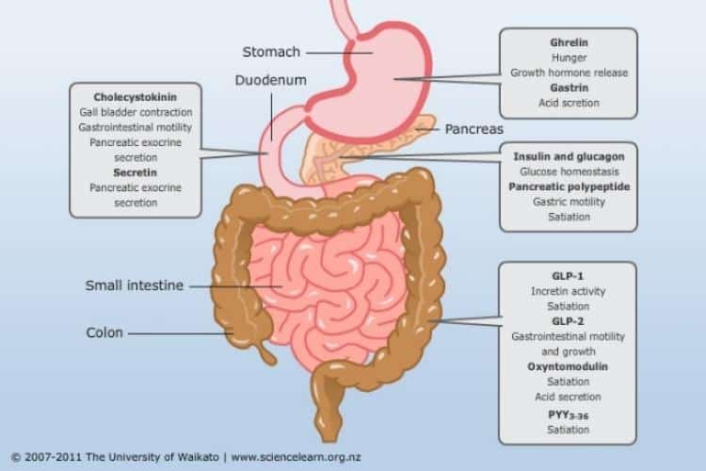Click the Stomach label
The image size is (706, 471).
(x=271, y=52)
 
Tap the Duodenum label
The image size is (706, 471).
(x=270, y=80)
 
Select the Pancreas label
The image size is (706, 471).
(x=474, y=129)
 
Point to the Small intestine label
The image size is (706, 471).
(x=135, y=285)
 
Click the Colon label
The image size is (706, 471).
(x=104, y=333)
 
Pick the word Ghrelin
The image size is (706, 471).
(x=570, y=42)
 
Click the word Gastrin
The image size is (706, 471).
(x=570, y=88)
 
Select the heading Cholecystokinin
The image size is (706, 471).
(x=135, y=97)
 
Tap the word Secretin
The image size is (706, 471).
(x=135, y=172)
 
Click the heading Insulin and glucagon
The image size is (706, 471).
(x=569, y=156)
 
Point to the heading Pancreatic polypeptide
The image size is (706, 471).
(x=570, y=187)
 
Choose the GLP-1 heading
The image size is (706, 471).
(x=568, y=276)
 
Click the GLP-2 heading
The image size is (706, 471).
(x=568, y=321)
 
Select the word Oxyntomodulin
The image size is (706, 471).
(x=568, y=366)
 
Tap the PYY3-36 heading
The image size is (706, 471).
(x=569, y=415)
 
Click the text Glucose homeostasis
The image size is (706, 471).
(x=570, y=171)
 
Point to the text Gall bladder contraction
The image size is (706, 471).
(x=136, y=112)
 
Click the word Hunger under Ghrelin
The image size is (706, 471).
(x=570, y=57)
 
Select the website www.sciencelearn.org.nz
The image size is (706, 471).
(x=296, y=457)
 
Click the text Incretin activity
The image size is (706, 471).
(x=568, y=291)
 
